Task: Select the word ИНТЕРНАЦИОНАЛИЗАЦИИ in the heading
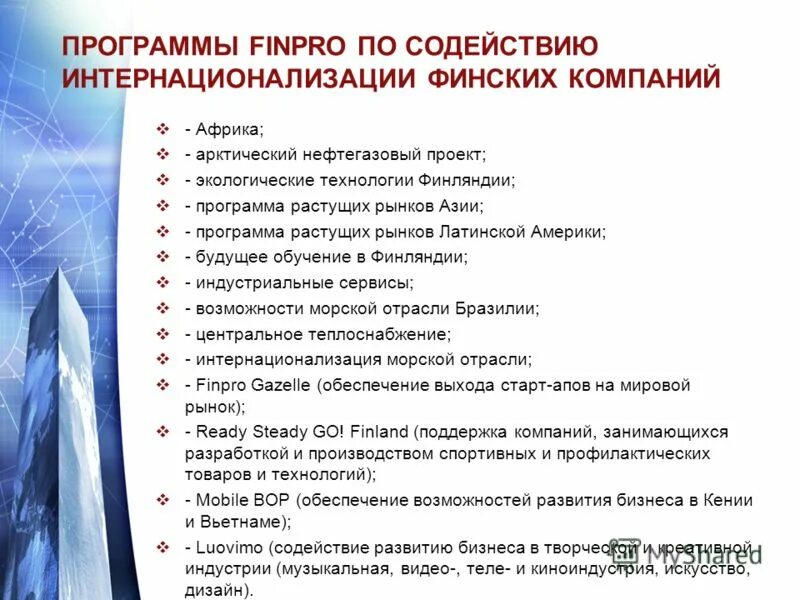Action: pyautogui.click(x=218, y=78)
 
